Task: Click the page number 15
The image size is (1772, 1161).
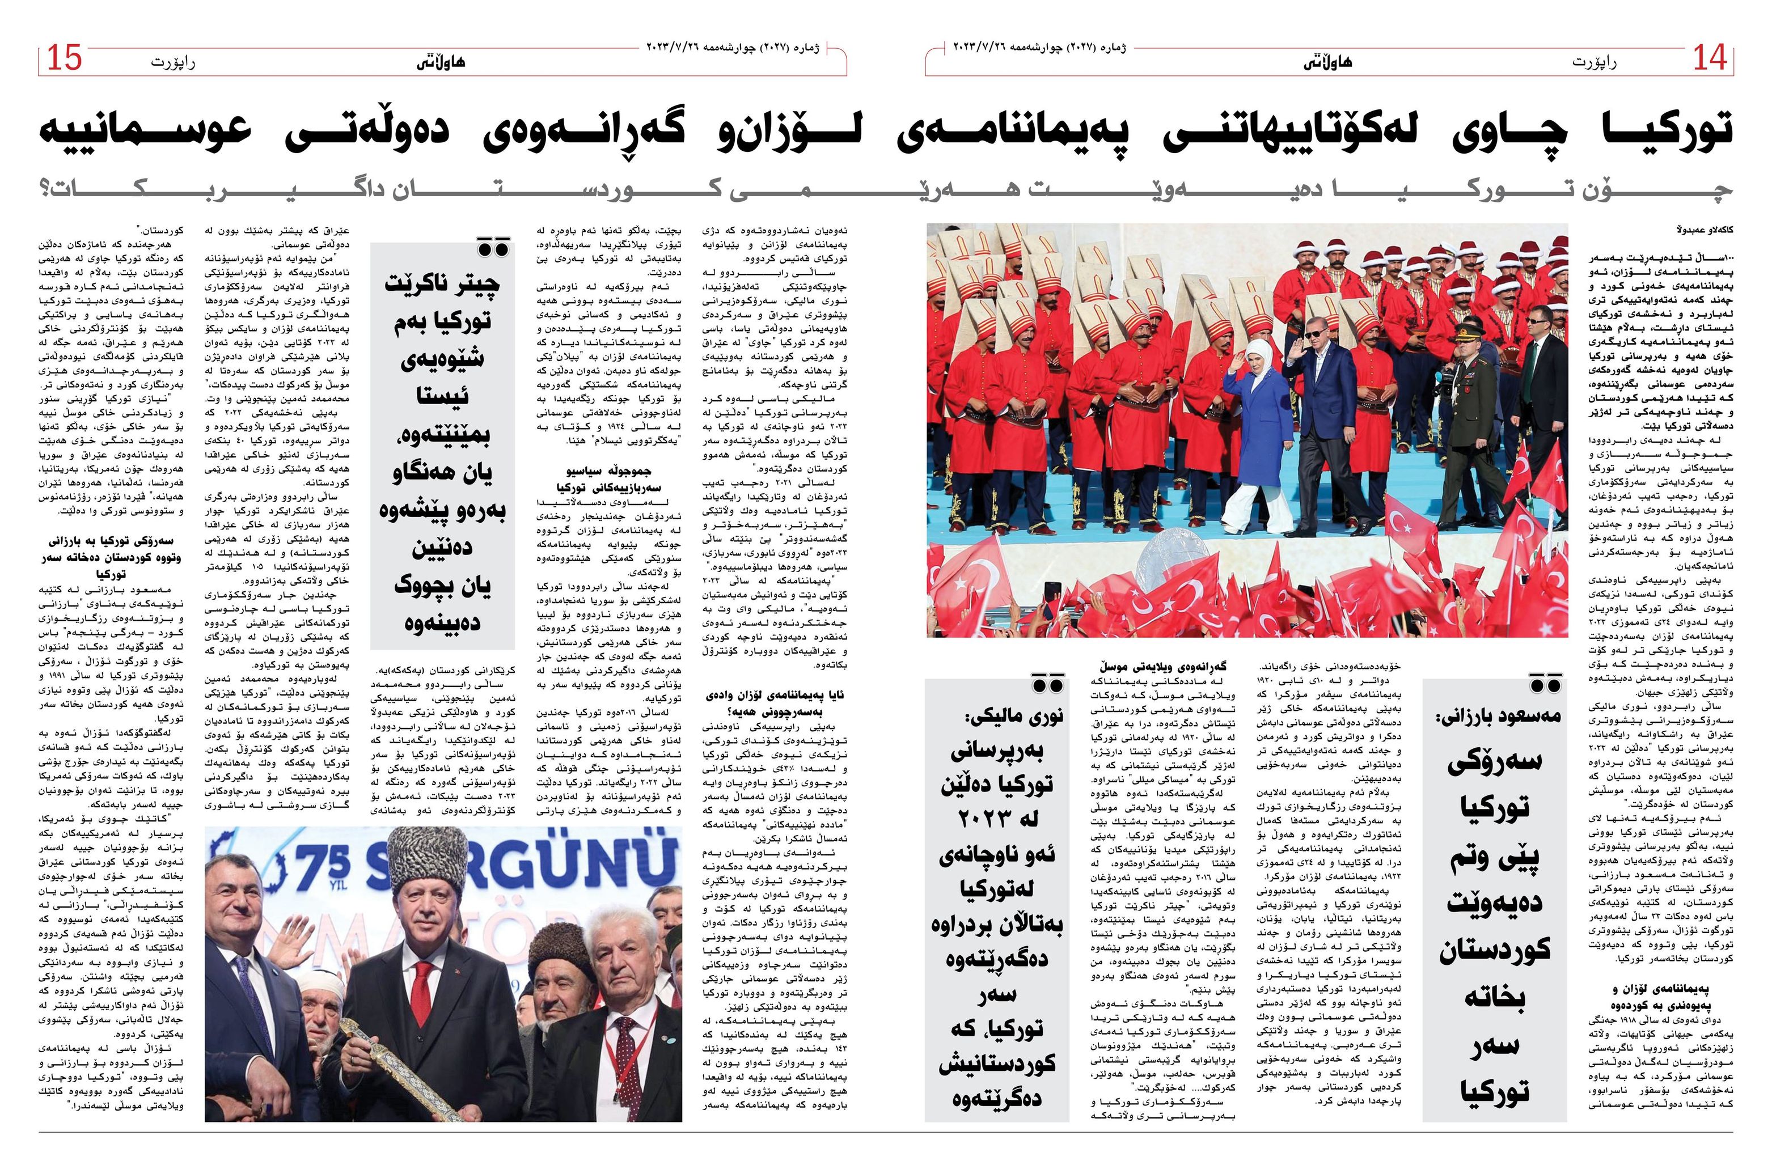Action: (x=64, y=58)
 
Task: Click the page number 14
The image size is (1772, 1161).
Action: (x=1710, y=58)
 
